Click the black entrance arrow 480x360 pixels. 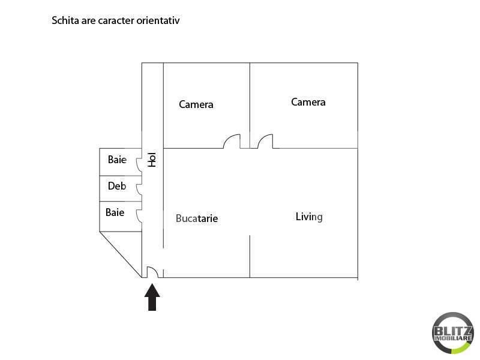point(152,297)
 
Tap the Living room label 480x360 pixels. point(309,217)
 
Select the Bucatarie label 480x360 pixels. point(197,218)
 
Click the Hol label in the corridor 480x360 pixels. point(152,160)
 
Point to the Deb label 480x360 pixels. point(117,186)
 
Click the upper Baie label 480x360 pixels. point(117,160)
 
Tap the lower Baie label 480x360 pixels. point(115,212)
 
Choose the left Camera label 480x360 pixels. point(196,104)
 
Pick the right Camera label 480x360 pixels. point(308,102)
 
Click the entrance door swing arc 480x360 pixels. point(155,269)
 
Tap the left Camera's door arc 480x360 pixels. point(228,138)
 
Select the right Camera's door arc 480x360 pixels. point(262,138)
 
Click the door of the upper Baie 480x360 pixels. point(138,164)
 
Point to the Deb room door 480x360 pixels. point(138,190)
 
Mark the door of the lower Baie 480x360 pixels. point(138,216)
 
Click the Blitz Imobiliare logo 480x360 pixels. point(453,333)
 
